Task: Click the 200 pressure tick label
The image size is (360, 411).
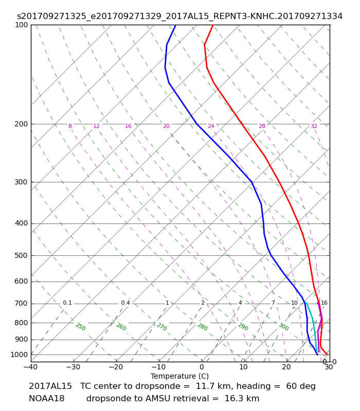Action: click(x=21, y=124)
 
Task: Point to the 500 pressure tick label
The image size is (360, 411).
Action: click(x=21, y=255)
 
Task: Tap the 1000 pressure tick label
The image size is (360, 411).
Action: click(x=19, y=354)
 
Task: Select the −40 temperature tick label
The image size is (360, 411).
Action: click(x=31, y=367)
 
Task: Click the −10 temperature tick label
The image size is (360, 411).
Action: click(x=159, y=367)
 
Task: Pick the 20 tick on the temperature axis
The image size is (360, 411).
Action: click(x=286, y=367)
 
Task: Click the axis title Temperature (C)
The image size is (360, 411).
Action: click(x=179, y=376)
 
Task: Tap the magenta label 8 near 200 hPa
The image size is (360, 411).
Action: click(x=70, y=126)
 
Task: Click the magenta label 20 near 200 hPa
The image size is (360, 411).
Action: click(x=166, y=126)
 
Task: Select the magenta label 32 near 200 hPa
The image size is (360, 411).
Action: click(x=314, y=126)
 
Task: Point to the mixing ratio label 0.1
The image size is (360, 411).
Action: click(x=67, y=303)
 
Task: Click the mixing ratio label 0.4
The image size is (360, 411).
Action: click(x=125, y=303)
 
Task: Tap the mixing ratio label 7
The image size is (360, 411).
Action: click(x=273, y=303)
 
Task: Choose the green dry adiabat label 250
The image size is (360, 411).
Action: click(x=81, y=327)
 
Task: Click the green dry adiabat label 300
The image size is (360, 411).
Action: click(x=284, y=327)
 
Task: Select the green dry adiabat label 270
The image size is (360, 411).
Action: click(x=162, y=327)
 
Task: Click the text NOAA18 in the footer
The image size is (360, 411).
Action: click(x=47, y=399)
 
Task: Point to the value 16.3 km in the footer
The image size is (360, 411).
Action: click(x=242, y=399)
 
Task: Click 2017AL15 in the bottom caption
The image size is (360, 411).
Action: click(x=50, y=386)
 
